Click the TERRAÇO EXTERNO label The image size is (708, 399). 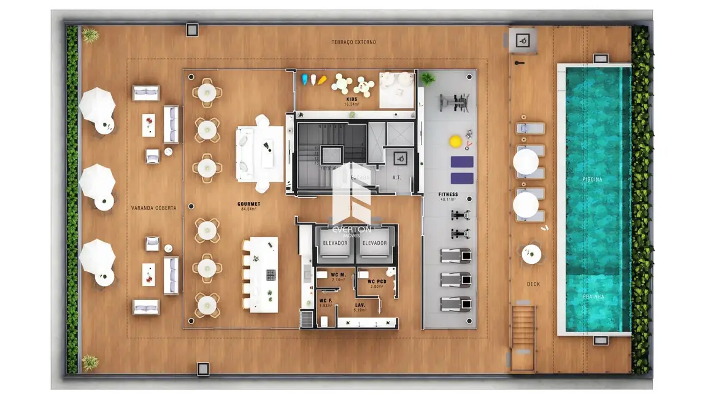[x=353, y=42]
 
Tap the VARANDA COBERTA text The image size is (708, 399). [x=153, y=208]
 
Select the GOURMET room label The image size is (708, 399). [x=248, y=204]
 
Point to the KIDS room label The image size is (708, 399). [x=351, y=99]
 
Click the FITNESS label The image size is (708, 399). [x=448, y=195]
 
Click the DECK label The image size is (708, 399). [x=533, y=284]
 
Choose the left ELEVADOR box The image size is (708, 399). [x=335, y=243]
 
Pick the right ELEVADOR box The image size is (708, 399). [x=374, y=243]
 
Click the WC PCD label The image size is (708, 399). [x=376, y=282]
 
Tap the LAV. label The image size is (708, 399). [x=360, y=304]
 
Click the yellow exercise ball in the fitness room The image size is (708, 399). [x=455, y=141]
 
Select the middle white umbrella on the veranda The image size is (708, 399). [x=97, y=182]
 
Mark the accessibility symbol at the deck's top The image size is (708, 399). [x=522, y=41]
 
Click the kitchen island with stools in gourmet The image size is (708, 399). [x=263, y=275]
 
